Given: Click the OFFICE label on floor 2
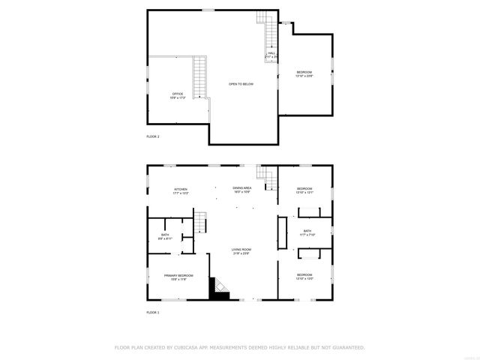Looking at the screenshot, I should [177, 94].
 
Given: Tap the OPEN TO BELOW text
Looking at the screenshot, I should [241, 84].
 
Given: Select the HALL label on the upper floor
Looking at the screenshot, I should [271, 53].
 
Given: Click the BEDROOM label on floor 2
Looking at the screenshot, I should [304, 72].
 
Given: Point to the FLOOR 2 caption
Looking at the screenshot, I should [153, 136].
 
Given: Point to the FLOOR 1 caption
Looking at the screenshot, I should [153, 312].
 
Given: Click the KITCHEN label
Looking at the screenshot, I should [180, 189].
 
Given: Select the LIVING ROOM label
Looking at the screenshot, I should [241, 250].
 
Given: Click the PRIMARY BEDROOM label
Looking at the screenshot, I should [179, 275].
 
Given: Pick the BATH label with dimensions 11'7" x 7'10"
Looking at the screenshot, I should [307, 231].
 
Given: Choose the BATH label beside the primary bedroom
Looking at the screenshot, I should [164, 235].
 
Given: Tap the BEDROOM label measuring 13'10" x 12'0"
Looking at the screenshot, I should [304, 274].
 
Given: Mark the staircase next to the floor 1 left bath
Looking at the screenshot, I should [199, 223].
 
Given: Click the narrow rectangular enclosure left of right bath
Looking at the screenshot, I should [282, 232].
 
